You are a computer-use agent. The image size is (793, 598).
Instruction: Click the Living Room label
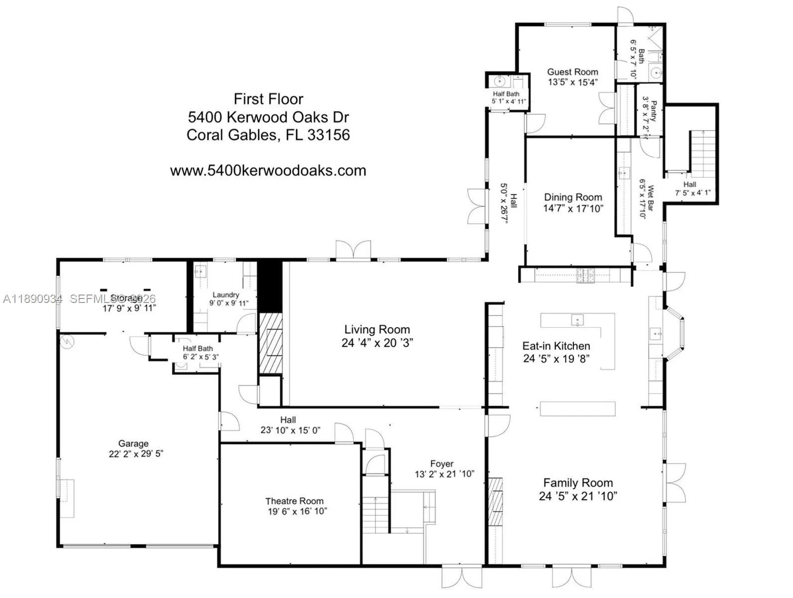(377, 329)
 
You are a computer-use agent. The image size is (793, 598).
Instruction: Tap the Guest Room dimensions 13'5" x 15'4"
(572, 82)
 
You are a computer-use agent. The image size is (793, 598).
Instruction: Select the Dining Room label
(572, 197)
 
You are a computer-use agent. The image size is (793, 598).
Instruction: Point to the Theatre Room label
(294, 501)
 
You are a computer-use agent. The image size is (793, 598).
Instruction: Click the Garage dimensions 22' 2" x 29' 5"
(136, 453)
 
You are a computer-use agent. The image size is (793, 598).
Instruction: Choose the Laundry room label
(226, 295)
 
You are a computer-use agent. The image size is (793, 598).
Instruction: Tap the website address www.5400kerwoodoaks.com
(268, 170)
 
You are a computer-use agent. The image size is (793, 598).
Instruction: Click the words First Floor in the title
(268, 99)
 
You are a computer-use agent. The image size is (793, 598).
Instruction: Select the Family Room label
(577, 482)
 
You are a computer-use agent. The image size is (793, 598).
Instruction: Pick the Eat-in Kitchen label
(556, 345)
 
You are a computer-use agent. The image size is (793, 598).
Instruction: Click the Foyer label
(442, 463)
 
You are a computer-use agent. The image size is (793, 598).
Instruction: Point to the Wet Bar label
(650, 195)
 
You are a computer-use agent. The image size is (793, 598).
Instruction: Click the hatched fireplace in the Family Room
(495, 501)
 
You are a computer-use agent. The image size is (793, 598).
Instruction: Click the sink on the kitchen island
(577, 319)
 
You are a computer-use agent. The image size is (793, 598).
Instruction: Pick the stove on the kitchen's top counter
(585, 275)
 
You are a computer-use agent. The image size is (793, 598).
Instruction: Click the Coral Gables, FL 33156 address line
(268, 135)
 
